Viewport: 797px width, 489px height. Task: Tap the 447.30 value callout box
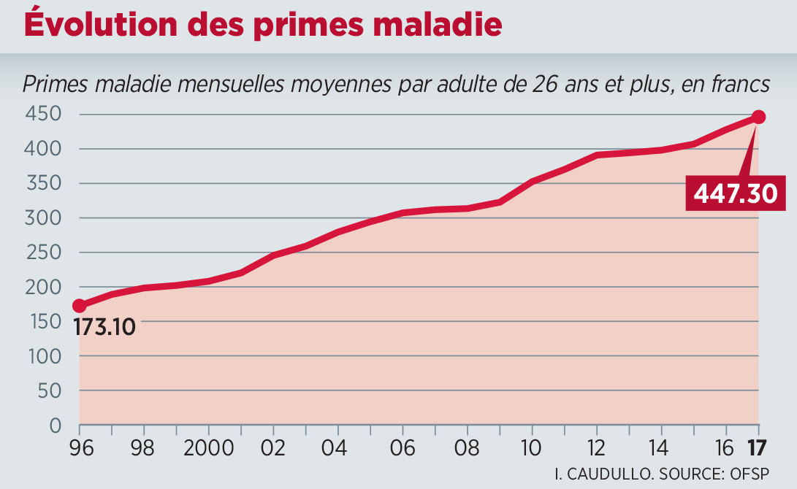734,193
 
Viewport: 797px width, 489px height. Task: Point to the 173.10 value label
105,327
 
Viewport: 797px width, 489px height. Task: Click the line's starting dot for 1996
79,306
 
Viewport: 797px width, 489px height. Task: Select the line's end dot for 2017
758,117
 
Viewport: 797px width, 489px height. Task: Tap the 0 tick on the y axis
55,425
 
